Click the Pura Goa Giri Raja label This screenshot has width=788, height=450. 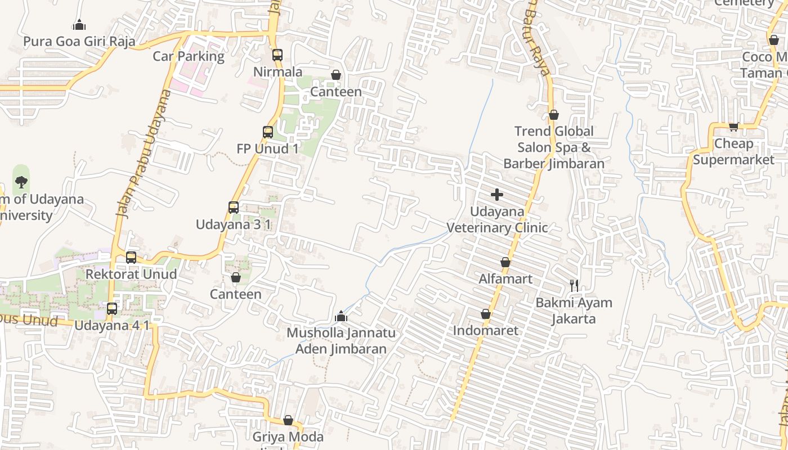coord(79,41)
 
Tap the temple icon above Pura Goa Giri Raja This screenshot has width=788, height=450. coord(79,25)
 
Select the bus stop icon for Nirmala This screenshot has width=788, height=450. coord(277,55)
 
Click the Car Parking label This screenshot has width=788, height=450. coord(189,56)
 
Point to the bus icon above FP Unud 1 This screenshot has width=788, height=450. coord(268,132)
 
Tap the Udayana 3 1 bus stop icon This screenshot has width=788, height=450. coord(234,207)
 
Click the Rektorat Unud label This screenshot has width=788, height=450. coord(131,274)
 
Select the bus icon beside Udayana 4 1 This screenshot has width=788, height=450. coord(112,308)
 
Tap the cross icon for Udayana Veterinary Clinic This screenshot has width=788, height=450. coord(497,195)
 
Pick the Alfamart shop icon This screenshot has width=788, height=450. coord(505,262)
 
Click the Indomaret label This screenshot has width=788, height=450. coord(486,330)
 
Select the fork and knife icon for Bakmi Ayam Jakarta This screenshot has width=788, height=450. coord(574,285)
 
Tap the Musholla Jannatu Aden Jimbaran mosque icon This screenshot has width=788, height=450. coord(341,316)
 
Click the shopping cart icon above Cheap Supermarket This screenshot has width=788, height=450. coord(733,127)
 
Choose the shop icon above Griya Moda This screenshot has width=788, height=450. coord(288,420)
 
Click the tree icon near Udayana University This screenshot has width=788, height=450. coord(21,181)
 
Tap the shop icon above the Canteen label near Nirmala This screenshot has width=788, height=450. coord(336,75)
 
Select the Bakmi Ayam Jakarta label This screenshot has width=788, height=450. coord(574,310)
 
